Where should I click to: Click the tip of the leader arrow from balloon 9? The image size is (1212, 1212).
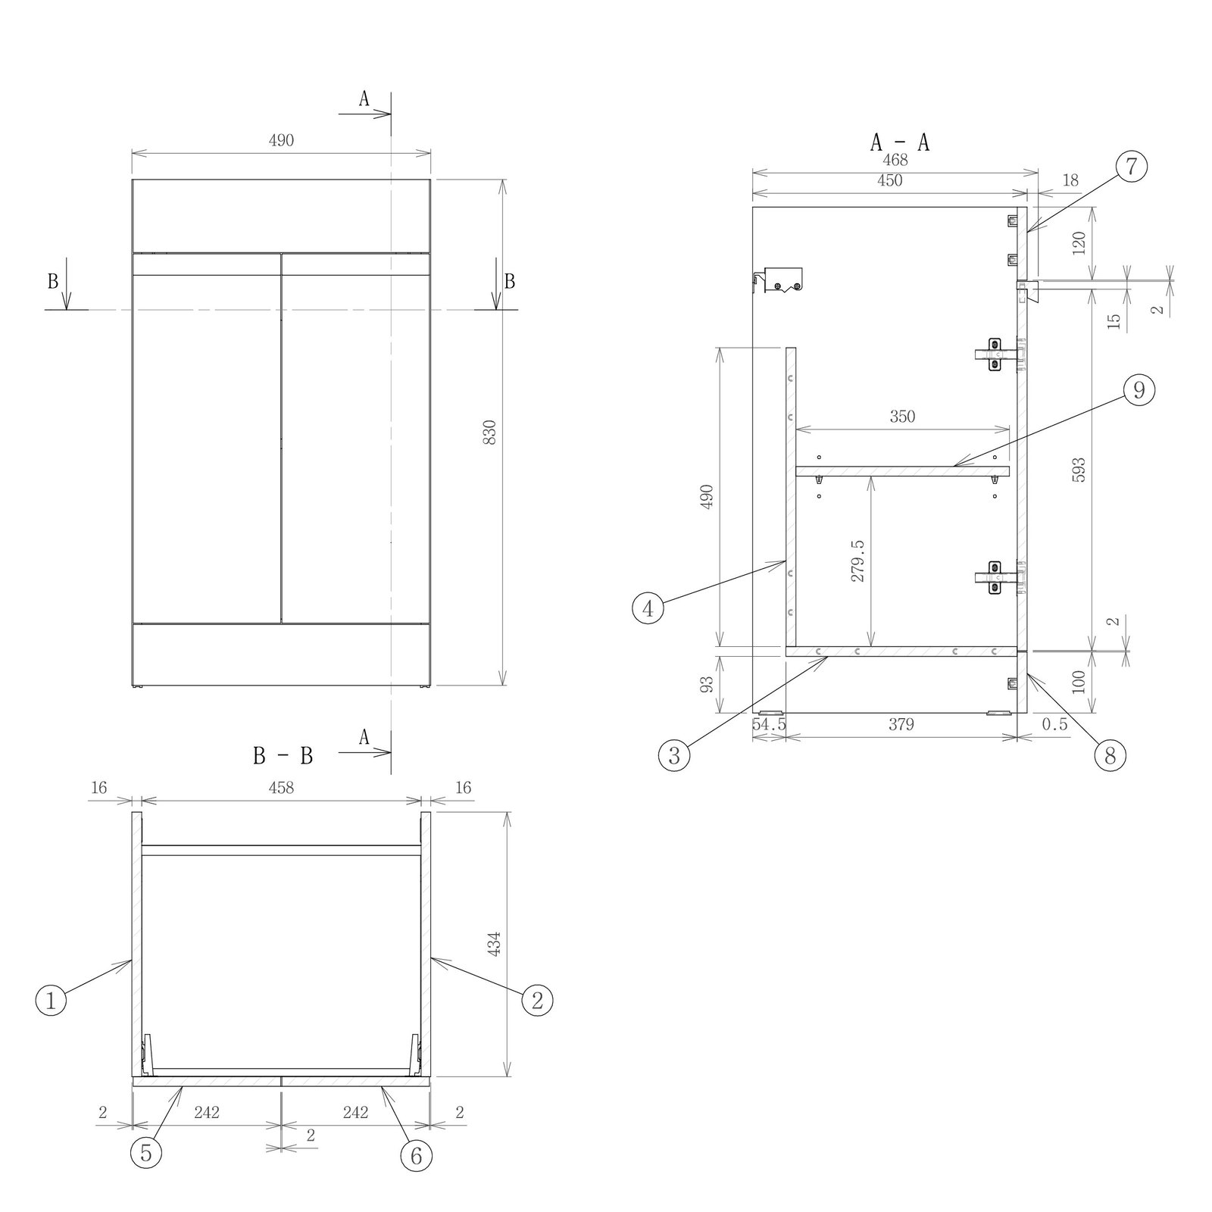[x=953, y=464]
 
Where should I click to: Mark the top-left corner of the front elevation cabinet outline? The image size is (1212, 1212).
[x=132, y=180]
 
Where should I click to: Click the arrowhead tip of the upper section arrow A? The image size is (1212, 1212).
[x=391, y=114]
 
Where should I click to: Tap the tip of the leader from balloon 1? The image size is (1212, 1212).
[x=132, y=961]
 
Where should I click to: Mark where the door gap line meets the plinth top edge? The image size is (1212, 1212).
[x=281, y=623]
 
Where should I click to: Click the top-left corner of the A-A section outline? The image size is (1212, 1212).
[x=752, y=207]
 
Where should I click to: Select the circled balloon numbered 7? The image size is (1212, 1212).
[x=1131, y=166]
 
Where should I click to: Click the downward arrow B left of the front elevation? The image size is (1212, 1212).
[x=67, y=284]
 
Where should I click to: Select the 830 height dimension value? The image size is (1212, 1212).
[x=489, y=432]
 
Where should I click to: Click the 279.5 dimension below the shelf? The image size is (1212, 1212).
[x=857, y=560]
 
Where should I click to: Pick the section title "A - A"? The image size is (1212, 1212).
[x=899, y=142]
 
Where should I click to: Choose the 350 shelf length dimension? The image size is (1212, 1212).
[x=902, y=417]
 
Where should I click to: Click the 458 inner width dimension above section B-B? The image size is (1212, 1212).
[x=281, y=788]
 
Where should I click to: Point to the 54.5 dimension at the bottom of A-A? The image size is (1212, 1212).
[x=769, y=724]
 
